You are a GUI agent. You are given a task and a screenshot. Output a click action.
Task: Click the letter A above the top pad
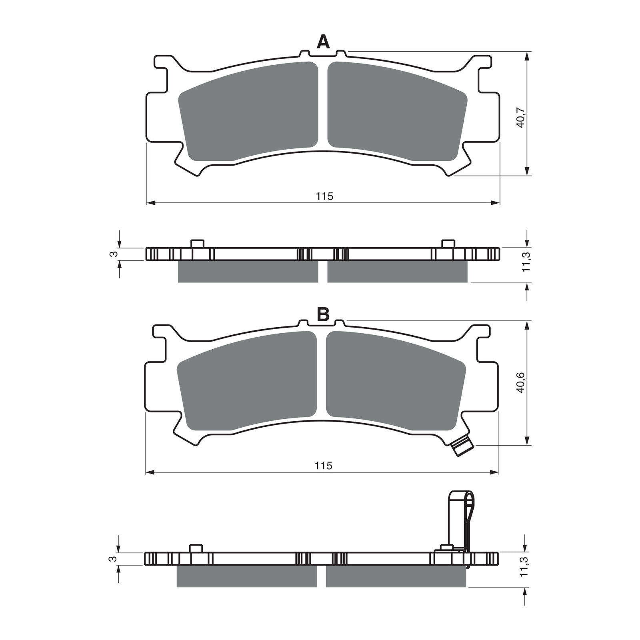point(323,42)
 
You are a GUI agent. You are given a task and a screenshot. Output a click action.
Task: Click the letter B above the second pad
point(323,315)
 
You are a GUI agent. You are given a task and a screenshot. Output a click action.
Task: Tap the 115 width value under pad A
point(324,196)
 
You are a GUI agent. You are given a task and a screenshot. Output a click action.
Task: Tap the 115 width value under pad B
point(324,466)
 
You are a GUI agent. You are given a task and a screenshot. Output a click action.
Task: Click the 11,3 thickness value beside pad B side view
point(524,567)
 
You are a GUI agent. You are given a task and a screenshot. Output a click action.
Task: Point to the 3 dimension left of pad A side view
point(114,254)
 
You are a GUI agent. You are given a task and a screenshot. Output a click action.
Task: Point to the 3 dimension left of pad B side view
point(114,558)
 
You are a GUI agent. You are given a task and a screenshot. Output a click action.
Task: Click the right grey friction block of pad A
point(396,112)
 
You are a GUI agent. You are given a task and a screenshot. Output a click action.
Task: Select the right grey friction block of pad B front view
point(395,382)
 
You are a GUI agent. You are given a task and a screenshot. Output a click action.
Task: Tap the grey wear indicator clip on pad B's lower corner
point(462,446)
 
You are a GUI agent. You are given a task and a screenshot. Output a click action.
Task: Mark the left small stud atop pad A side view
point(197,244)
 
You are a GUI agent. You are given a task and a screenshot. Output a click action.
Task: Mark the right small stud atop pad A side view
point(448,244)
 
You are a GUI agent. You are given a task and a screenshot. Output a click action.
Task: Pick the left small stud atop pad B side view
point(196,548)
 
